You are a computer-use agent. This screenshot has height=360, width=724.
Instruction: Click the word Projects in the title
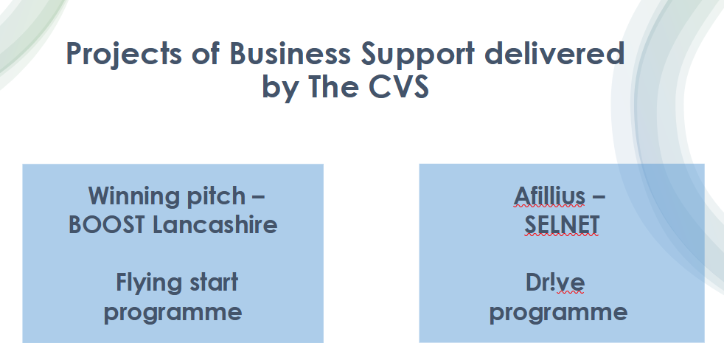coord(124,55)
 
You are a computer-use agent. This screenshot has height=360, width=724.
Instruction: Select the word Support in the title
coord(418,55)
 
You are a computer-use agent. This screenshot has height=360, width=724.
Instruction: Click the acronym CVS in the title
coord(398,86)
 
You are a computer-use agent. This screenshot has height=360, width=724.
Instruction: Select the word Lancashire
coord(215,224)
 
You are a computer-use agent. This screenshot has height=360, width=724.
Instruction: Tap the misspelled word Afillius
coord(549,195)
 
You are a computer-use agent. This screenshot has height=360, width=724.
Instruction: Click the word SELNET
coord(562,224)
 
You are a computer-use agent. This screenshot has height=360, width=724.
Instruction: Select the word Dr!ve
coord(555,283)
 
